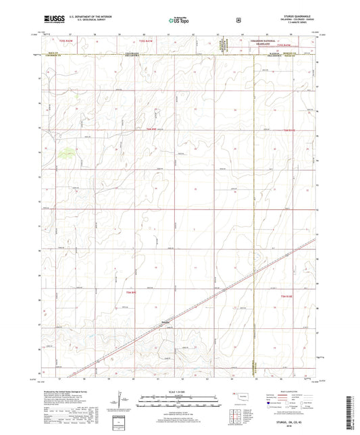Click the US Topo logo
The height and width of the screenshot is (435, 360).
tap(178, 20)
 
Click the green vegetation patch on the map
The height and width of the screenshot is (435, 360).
tap(65, 153)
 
